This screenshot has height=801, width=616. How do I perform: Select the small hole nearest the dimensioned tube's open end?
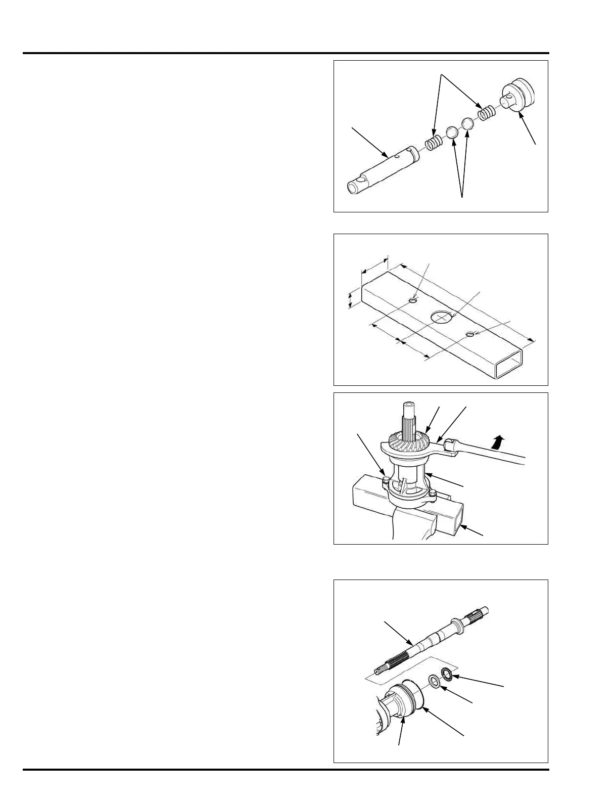pos(470,334)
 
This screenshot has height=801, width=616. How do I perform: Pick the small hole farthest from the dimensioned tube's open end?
pos(412,301)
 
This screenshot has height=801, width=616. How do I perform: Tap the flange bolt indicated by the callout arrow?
pos(387,480)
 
